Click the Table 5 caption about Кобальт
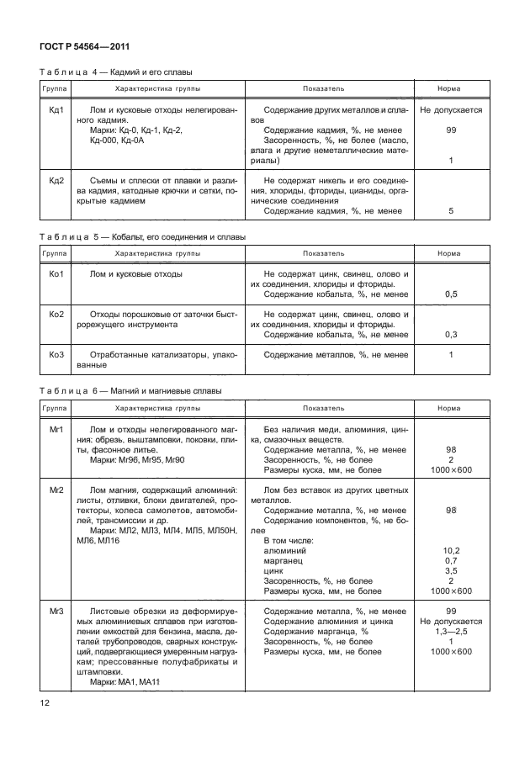pyautogui.click(x=142, y=237)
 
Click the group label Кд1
pyautogui.click(x=57, y=110)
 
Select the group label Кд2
pyautogui.click(x=57, y=181)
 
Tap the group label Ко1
pyautogui.click(x=57, y=274)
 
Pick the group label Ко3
pyautogui.click(x=57, y=355)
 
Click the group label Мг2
pyautogui.click(x=57, y=490)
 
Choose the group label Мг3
pyautogui.click(x=57, y=611)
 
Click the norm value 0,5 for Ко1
pyautogui.click(x=451, y=294)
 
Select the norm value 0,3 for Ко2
pyautogui.click(x=451, y=335)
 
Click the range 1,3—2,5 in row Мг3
pyautogui.click(x=451, y=631)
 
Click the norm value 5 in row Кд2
pyautogui.click(x=451, y=211)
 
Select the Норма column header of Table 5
pyautogui.click(x=451, y=252)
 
